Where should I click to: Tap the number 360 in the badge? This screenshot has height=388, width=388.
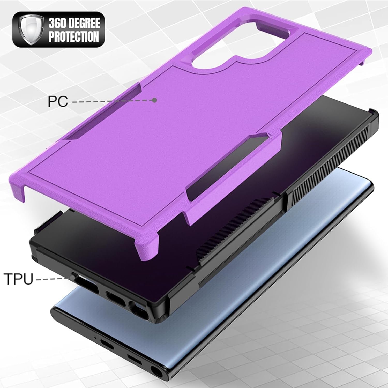[57, 24]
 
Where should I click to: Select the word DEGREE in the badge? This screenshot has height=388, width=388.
[83, 24]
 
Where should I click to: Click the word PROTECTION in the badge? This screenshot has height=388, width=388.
[74, 36]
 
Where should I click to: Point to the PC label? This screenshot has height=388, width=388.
[58, 101]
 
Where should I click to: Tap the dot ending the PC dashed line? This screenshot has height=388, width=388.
[155, 100]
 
